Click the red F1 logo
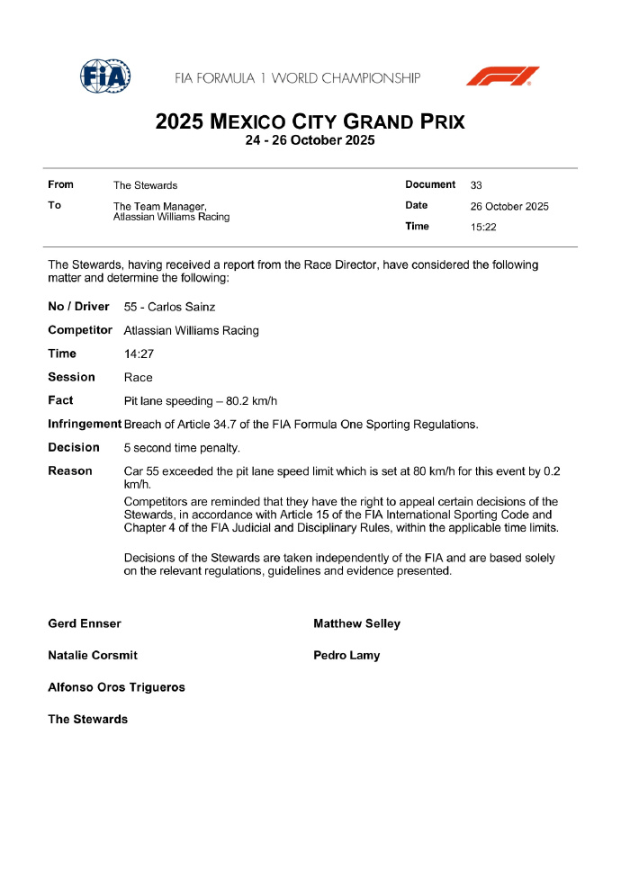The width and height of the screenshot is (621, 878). tap(502, 76)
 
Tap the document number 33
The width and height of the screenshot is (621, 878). tap(476, 185)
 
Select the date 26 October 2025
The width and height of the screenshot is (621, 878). tap(509, 206)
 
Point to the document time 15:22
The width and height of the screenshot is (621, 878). tap(484, 227)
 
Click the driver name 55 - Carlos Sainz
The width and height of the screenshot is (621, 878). tap(169, 308)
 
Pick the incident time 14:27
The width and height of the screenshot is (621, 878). tap(139, 354)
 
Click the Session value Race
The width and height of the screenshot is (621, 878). tap(139, 378)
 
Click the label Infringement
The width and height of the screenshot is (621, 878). tap(84, 424)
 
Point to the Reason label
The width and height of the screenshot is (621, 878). tap(70, 470)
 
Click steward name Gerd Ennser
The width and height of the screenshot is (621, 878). tap(85, 623)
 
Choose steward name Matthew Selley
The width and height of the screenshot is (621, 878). tap(356, 623)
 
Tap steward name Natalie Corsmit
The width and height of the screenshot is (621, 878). tap(93, 656)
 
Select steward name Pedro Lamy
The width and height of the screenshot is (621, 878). tap(346, 656)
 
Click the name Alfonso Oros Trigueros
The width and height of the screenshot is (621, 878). tap(116, 687)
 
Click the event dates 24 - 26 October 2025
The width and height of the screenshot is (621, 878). tap(310, 140)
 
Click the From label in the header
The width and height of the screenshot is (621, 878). tap(60, 184)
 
